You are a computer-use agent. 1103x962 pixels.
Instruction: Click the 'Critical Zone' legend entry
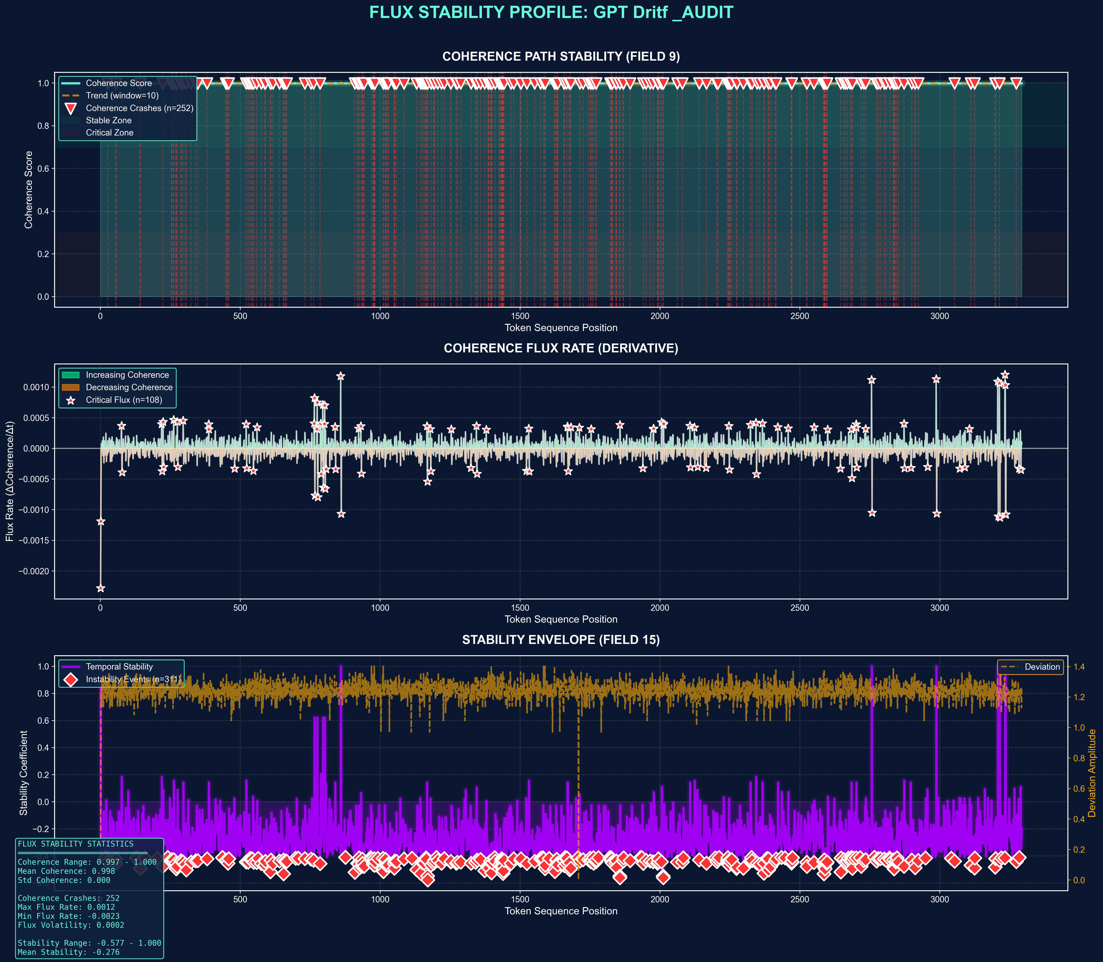click(110, 133)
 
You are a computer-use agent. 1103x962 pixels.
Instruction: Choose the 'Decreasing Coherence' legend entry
click(129, 387)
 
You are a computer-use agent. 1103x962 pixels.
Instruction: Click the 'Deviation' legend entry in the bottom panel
click(1042, 667)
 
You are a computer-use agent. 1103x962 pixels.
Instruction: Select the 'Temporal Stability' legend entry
click(119, 667)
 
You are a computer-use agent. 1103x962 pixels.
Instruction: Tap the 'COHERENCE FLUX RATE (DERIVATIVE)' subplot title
click(561, 348)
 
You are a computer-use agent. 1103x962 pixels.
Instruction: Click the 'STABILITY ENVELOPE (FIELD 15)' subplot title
click(561, 640)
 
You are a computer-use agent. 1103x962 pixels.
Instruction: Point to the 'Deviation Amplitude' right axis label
click(1092, 773)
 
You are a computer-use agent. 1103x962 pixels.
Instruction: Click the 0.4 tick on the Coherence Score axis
click(43, 211)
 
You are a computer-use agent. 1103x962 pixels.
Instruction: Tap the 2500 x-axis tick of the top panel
click(800, 316)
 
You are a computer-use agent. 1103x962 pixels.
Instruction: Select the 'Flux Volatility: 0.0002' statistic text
click(71, 925)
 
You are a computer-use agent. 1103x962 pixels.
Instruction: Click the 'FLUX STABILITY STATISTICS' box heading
click(76, 844)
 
